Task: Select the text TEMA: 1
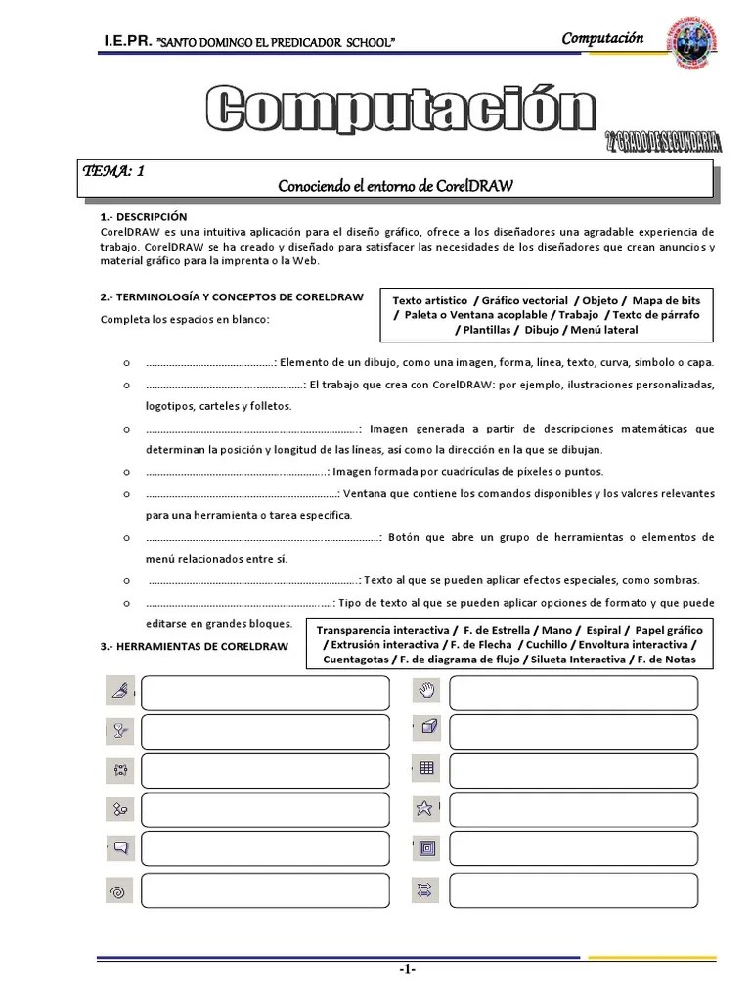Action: click(x=114, y=171)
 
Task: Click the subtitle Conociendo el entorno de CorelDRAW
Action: click(x=396, y=185)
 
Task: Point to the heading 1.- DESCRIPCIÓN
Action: click(x=143, y=216)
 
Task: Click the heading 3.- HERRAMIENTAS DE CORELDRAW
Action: click(x=194, y=647)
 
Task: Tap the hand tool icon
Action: click(x=425, y=692)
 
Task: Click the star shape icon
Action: click(x=425, y=808)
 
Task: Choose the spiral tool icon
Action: click(x=117, y=891)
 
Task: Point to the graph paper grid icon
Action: click(x=425, y=768)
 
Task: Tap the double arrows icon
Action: click(x=425, y=889)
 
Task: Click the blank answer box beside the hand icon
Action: click(x=573, y=693)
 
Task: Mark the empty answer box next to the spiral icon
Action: click(x=264, y=891)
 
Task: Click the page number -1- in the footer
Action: click(x=407, y=969)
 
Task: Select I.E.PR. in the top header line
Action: click(x=126, y=42)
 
